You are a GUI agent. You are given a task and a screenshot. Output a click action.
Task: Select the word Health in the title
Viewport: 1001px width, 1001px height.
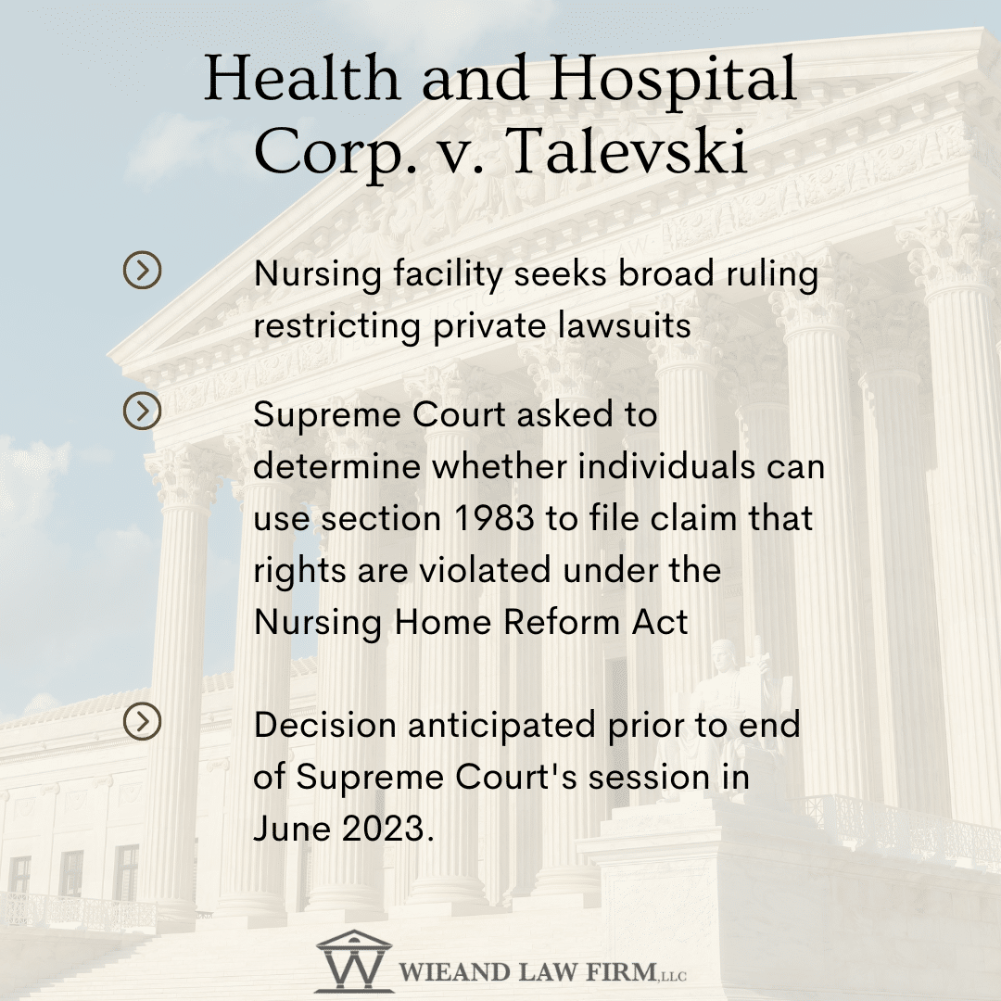[x=302, y=78]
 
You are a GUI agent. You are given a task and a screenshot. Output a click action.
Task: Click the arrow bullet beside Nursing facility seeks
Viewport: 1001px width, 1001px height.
[x=142, y=270]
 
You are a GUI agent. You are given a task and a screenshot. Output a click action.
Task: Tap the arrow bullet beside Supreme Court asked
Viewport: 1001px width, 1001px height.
[x=142, y=411]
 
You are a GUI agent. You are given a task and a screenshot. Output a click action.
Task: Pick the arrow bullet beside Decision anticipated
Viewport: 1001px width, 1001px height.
[x=142, y=721]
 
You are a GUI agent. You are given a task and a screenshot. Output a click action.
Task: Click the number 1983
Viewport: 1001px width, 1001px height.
[x=494, y=518]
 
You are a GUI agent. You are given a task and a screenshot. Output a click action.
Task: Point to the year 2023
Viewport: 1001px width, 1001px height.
[x=383, y=829]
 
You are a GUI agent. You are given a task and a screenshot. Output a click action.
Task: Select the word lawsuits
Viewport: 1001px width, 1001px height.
[x=624, y=325]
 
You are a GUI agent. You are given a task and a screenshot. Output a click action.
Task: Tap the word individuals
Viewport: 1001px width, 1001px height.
[x=666, y=466]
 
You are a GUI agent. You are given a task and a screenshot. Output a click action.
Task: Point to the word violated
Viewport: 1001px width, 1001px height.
[x=485, y=569]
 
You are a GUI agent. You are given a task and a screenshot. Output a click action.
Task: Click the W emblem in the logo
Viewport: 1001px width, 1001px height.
[x=354, y=961]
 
